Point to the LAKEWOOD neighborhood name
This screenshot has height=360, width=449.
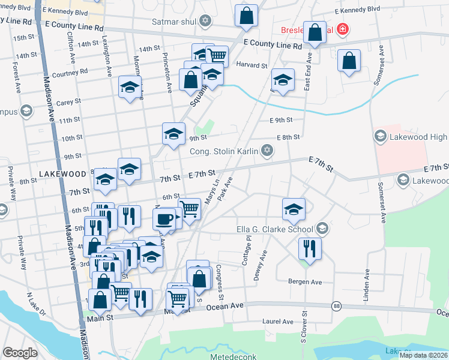pos(62,173)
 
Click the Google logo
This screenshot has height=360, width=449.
pos(20,353)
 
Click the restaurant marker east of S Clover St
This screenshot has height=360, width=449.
pos(310,247)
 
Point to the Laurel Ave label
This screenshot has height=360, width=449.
pos(278,322)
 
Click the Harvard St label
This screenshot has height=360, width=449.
pos(252,65)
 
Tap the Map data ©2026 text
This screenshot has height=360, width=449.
pos(423,355)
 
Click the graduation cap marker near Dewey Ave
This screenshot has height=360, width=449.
pos(294,209)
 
